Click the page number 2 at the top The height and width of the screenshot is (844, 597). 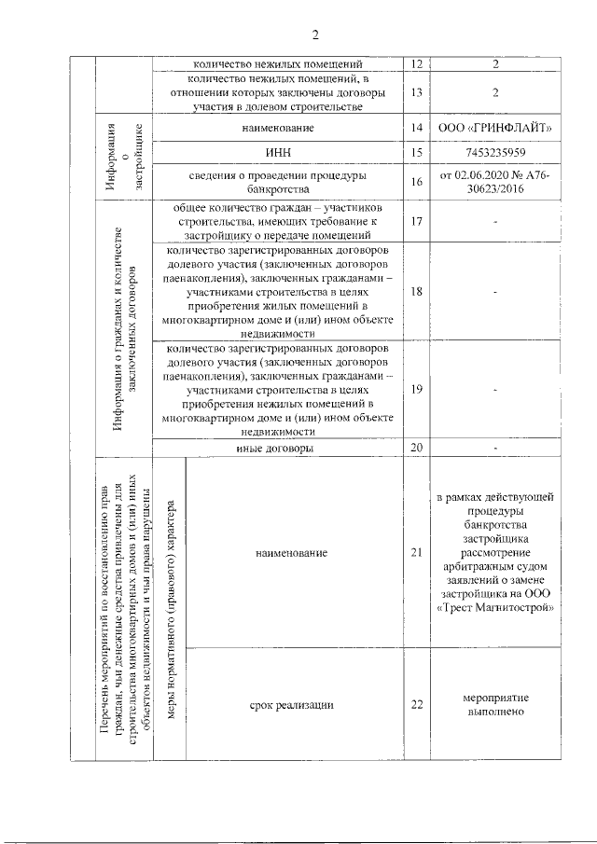point(315,35)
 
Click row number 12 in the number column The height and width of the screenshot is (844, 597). point(416,64)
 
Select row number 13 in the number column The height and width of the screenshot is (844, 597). point(416,93)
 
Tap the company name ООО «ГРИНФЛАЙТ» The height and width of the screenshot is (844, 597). point(495,126)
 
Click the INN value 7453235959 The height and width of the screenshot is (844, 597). point(495,152)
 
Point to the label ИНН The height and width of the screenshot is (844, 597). point(277,152)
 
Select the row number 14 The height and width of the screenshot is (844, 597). point(416,126)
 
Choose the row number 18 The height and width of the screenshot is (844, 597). point(416,291)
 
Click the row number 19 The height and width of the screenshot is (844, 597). point(416,388)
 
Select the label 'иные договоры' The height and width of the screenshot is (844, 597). point(277,449)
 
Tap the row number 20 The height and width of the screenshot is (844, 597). point(416,449)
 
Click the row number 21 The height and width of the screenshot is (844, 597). point(416,553)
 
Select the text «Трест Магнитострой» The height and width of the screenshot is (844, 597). point(495,608)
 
